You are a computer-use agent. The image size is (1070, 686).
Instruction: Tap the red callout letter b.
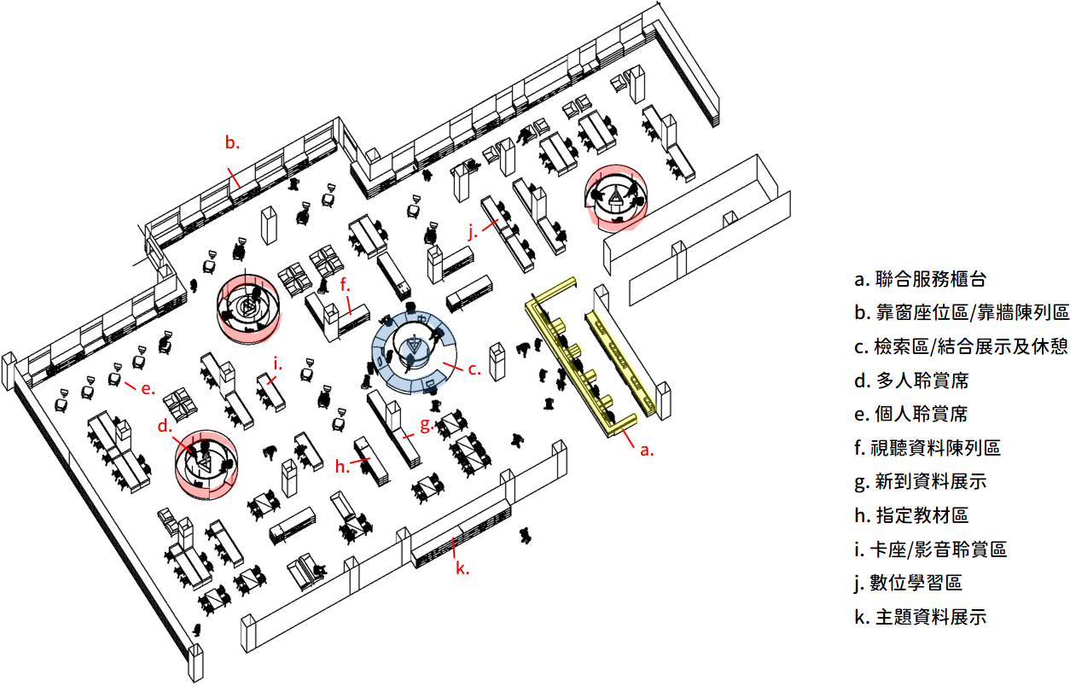(232, 142)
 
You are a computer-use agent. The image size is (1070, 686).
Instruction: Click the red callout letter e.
(147, 389)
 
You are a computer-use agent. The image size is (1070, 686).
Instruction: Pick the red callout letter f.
(346, 286)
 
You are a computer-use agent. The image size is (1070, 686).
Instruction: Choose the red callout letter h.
(342, 466)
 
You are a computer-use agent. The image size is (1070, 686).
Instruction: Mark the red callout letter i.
(277, 363)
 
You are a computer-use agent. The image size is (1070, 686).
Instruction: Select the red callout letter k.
(462, 568)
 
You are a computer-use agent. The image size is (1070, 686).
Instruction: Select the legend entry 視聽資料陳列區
(927, 447)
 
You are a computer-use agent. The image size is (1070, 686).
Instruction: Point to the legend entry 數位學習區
(908, 583)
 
